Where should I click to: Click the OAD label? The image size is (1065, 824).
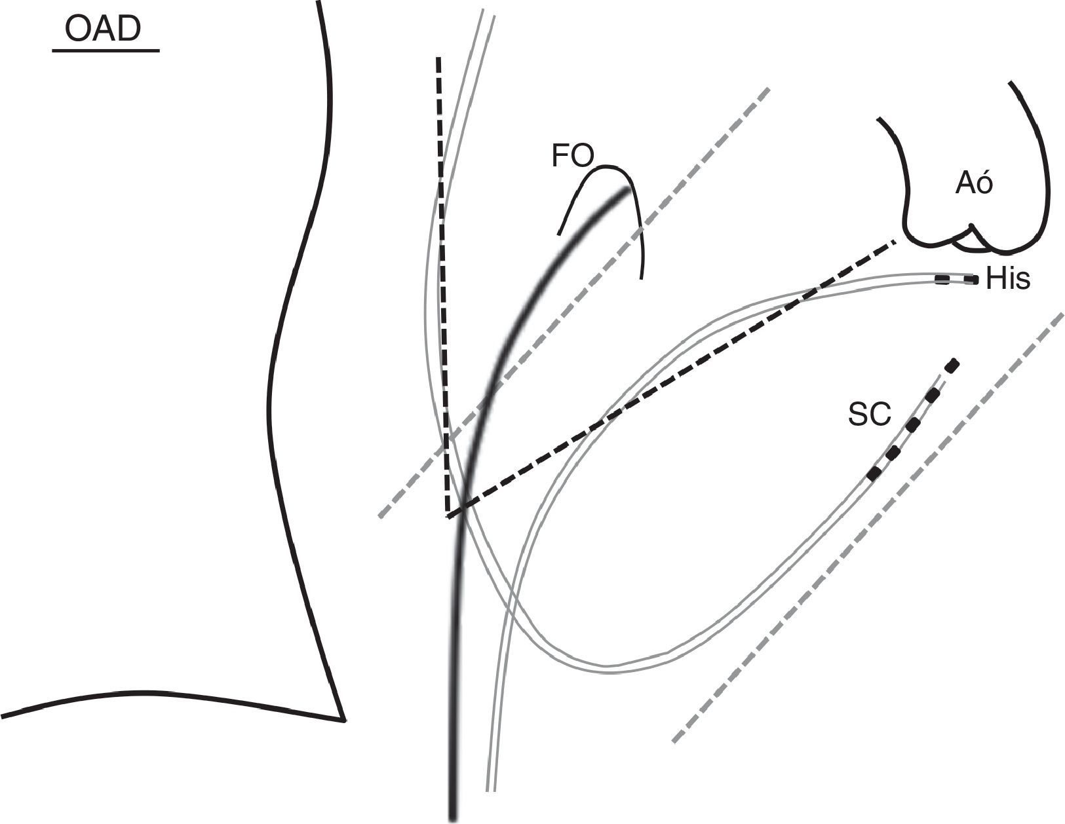(x=104, y=30)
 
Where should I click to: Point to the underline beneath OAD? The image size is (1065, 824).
(x=106, y=50)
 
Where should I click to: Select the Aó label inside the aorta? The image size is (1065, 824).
(x=974, y=185)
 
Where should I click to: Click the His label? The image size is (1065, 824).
(x=1008, y=280)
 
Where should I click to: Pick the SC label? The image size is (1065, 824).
(x=870, y=415)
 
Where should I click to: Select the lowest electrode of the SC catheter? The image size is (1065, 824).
(x=874, y=474)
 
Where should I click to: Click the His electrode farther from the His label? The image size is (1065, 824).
(x=942, y=280)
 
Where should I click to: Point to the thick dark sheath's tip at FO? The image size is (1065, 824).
(x=626, y=191)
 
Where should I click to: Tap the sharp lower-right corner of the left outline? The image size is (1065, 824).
(x=343, y=720)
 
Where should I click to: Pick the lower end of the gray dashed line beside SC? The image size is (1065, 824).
(x=674, y=741)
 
